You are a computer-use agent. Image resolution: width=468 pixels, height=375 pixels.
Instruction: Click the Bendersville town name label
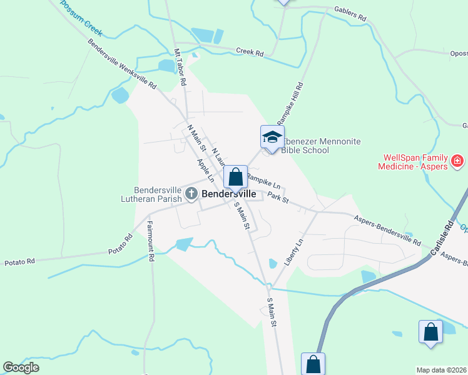click(x=228, y=194)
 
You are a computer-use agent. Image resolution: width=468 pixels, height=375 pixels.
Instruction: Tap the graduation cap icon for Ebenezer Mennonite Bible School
click(x=272, y=137)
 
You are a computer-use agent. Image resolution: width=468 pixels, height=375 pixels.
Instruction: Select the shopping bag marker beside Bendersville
click(x=235, y=177)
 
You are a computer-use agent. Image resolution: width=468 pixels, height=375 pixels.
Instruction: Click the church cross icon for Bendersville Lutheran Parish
click(x=191, y=196)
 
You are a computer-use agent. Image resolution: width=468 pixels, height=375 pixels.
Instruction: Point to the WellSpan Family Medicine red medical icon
click(x=457, y=162)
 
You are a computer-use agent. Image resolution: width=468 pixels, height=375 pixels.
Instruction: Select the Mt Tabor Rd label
click(x=180, y=67)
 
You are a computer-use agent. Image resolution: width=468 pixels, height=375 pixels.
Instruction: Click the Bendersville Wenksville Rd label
click(x=122, y=64)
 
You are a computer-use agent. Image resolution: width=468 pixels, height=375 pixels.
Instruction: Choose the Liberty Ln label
click(x=293, y=252)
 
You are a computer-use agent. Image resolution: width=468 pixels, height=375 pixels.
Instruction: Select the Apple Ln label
click(x=206, y=171)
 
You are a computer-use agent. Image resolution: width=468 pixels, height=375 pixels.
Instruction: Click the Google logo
click(x=21, y=367)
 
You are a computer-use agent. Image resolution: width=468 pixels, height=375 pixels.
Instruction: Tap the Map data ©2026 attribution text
click(x=442, y=370)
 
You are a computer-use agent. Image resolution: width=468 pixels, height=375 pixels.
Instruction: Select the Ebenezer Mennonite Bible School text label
click(x=321, y=146)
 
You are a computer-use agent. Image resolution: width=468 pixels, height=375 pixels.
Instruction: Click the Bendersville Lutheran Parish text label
click(x=157, y=194)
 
